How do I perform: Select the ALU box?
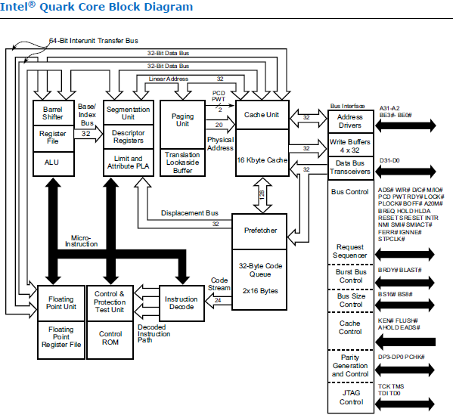click(x=51, y=162)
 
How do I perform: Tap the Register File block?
click(x=51, y=138)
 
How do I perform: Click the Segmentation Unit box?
click(x=128, y=113)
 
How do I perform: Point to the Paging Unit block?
click(x=182, y=119)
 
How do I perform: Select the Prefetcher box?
click(x=259, y=229)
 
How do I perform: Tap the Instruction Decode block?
click(x=181, y=303)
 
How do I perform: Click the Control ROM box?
click(x=110, y=338)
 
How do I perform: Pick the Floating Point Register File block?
click(x=61, y=338)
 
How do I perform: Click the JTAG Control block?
click(x=350, y=397)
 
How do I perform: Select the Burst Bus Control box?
click(x=350, y=276)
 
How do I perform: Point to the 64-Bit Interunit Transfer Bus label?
click(x=99, y=39)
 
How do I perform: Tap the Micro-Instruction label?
click(x=85, y=240)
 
